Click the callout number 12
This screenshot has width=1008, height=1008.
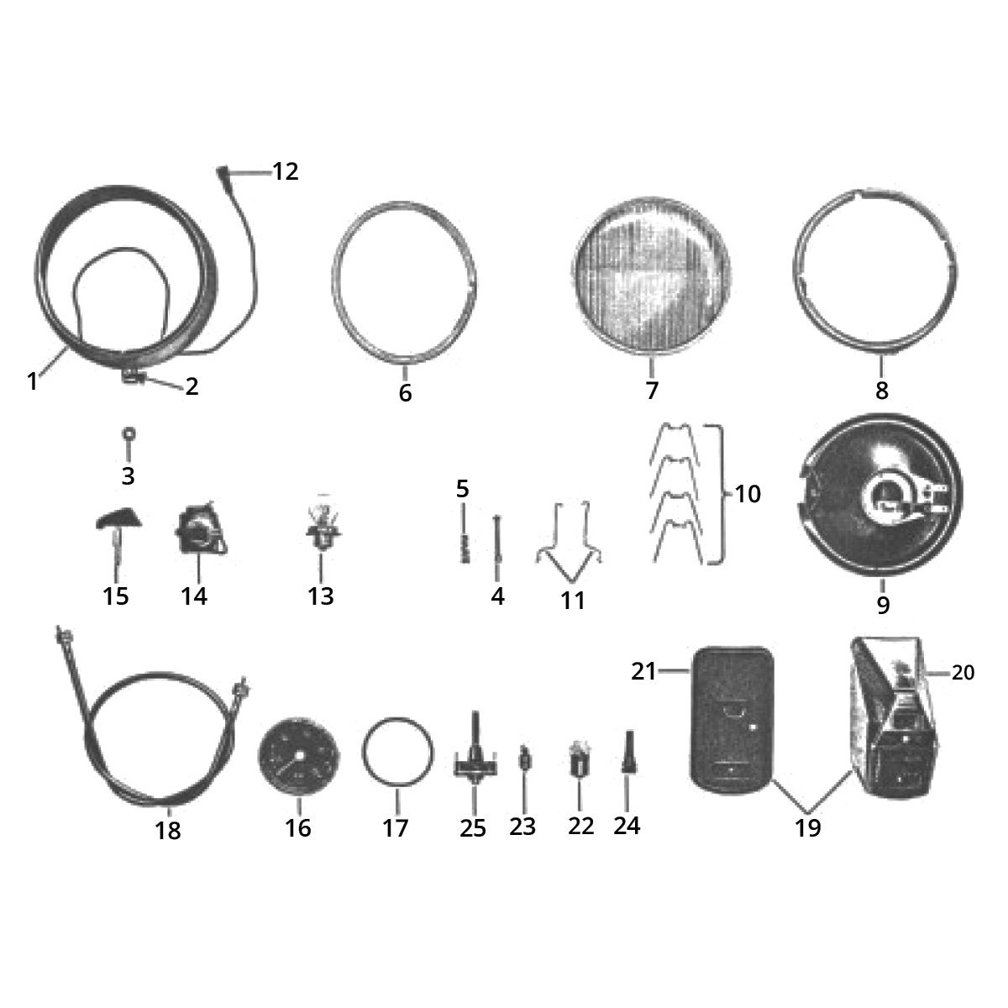[286, 171]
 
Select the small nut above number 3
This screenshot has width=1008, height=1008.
[129, 434]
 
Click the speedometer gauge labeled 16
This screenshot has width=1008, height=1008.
[299, 757]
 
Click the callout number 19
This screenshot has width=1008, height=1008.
[807, 827]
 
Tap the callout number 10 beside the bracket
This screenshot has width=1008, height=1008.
[748, 494]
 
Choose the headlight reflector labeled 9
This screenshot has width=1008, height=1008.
[880, 501]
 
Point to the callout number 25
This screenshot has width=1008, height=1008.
[473, 827]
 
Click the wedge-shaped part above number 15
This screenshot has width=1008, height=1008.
[118, 519]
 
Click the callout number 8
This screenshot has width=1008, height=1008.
[881, 391]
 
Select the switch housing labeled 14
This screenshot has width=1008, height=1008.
[200, 529]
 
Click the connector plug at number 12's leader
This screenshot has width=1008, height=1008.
[222, 171]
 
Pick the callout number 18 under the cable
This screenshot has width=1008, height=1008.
[168, 830]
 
